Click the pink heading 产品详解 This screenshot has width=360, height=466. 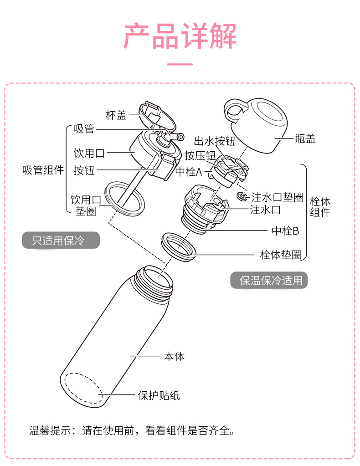(180, 36)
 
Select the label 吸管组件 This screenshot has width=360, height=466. (43, 170)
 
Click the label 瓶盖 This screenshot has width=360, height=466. (305, 139)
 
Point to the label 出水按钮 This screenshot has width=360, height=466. (215, 142)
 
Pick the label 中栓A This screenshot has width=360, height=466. (189, 172)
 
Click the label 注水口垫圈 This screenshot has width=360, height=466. (278, 197)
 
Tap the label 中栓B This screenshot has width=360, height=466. (285, 230)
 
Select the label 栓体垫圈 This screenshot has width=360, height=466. (281, 255)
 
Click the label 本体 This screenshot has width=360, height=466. (174, 356)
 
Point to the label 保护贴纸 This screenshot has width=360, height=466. (159, 395)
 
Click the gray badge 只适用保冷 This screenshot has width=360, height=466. (61, 240)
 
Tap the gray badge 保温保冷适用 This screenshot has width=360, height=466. (268, 280)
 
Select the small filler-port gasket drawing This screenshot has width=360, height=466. (242, 196)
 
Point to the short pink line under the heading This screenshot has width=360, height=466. (180, 65)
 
